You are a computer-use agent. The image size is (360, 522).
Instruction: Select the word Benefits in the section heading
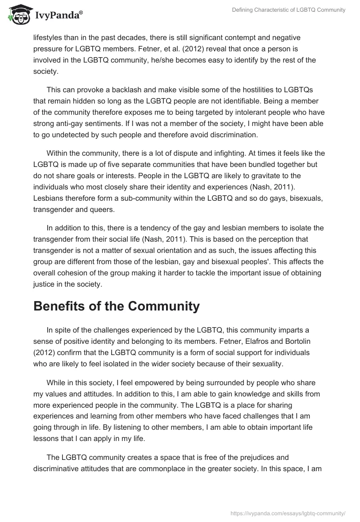[x=62, y=306]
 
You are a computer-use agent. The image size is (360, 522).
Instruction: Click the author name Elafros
[x=246, y=341]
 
